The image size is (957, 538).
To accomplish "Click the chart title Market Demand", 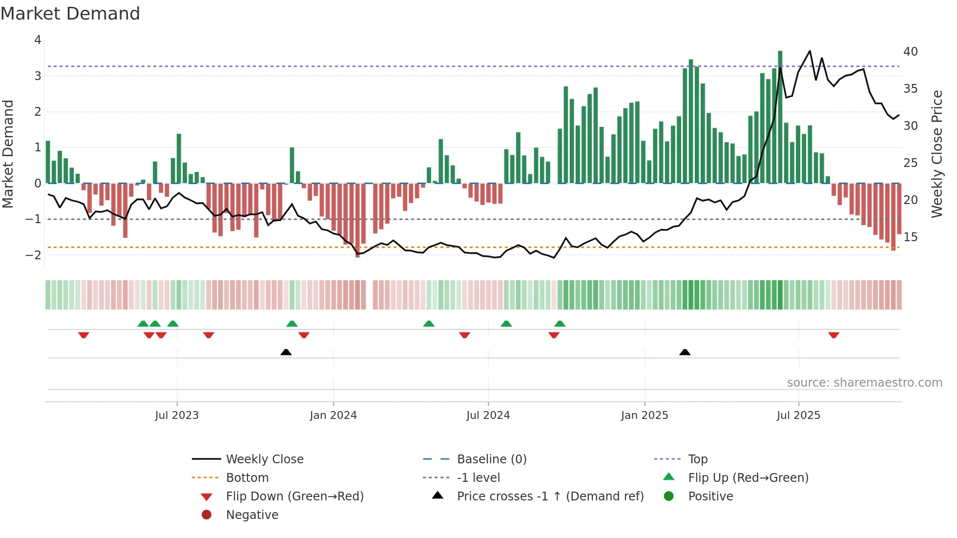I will click(70, 14).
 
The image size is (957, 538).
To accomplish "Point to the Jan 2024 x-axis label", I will click(333, 415).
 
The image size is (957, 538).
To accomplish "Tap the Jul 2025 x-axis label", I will click(798, 415).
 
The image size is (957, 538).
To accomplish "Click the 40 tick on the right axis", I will click(910, 52).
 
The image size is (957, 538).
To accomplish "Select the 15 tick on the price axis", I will click(910, 237).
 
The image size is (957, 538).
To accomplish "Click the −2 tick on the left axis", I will click(33, 255).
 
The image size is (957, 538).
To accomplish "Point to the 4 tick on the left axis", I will click(38, 40).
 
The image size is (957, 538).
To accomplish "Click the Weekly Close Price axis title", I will click(936, 154).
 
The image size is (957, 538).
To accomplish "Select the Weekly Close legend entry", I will click(264, 459).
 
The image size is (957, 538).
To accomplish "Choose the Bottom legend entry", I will click(247, 478).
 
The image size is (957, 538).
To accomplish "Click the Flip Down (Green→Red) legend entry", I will click(294, 497).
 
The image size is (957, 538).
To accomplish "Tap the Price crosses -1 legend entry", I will click(550, 497).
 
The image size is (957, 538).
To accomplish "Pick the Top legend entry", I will click(697, 459).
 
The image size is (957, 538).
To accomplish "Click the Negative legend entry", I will click(252, 515).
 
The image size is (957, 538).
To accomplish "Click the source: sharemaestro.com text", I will click(864, 383).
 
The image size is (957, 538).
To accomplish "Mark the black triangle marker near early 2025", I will click(685, 352).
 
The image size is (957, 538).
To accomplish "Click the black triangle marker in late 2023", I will click(286, 352).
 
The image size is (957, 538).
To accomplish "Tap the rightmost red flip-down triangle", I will click(833, 335).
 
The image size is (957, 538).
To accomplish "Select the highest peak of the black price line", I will click(810, 51).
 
